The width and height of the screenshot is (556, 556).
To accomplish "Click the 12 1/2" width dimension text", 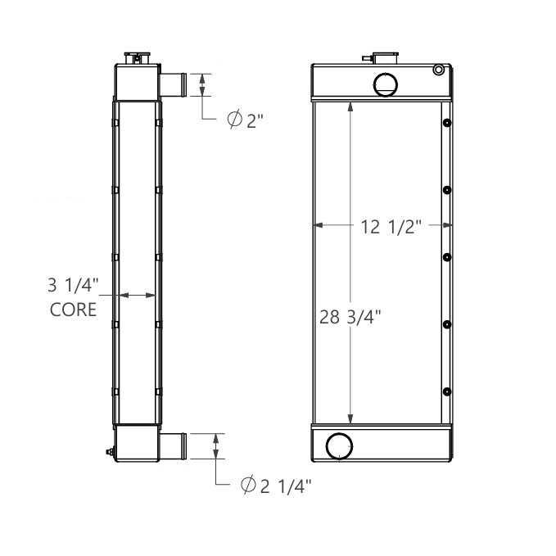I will pyautogui.click(x=391, y=228).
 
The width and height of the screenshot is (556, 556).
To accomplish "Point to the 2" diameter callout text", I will pyautogui.click(x=246, y=120).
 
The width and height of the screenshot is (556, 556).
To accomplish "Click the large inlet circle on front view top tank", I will pyautogui.click(x=384, y=83).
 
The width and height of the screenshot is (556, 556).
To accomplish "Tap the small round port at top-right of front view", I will pyautogui.click(x=439, y=70).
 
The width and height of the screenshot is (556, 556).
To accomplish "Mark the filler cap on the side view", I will pyautogui.click(x=136, y=57).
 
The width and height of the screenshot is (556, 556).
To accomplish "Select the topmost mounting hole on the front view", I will pyautogui.click(x=446, y=124).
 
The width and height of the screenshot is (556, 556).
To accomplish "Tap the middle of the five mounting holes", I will pyautogui.click(x=446, y=257).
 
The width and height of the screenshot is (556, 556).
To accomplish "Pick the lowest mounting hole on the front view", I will pyautogui.click(x=446, y=391).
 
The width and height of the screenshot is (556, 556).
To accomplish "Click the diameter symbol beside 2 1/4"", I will pyautogui.click(x=248, y=486).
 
